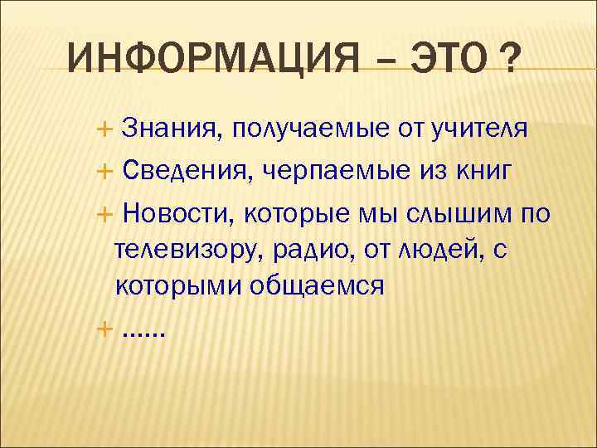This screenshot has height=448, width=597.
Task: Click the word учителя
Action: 479,129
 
